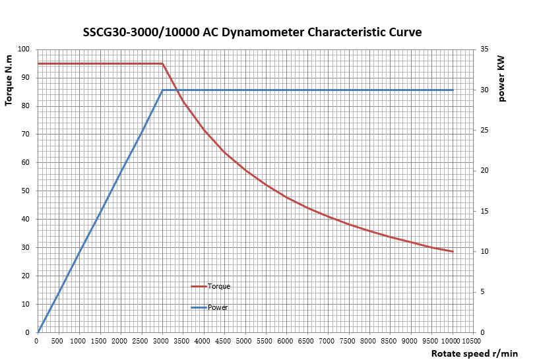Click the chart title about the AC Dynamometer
252,32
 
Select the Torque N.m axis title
9,80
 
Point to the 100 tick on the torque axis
24,49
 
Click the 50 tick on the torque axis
26,191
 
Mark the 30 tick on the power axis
484,90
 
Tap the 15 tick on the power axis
484,212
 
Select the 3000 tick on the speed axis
162,341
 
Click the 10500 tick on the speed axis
470,341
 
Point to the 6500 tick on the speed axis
306,341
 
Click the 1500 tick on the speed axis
99,341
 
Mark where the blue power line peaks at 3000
162,90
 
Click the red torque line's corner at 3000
162,64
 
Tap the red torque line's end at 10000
453,252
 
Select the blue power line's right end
453,90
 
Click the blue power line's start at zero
38,332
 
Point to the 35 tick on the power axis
484,49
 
